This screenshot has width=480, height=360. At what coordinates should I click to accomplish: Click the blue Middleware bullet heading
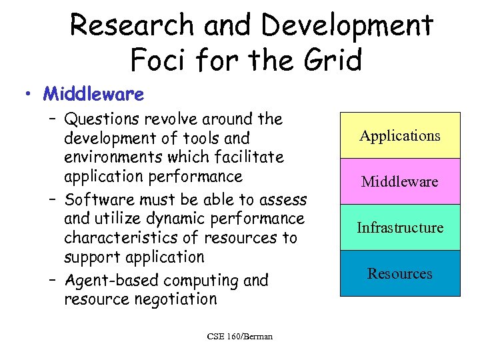[x=93, y=94]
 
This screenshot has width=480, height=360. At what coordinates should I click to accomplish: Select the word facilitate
[x=248, y=157]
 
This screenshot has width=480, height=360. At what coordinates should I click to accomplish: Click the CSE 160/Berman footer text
[x=240, y=336]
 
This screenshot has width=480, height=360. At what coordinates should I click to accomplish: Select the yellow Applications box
[x=400, y=135]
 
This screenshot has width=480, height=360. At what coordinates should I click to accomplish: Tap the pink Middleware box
[x=400, y=181]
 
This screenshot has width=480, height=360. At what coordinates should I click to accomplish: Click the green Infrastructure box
[x=400, y=227]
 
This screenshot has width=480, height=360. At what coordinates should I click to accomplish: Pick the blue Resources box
[x=400, y=273]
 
